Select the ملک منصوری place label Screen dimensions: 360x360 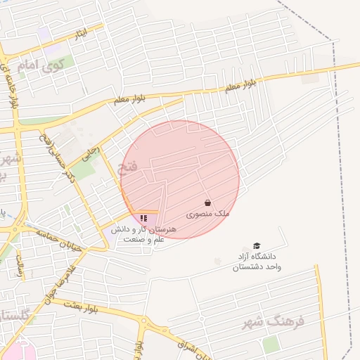pyautogui.click(x=208, y=212)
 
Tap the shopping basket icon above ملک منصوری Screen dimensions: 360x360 pyautogui.click(x=207, y=202)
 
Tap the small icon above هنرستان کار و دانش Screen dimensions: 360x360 pyautogui.click(x=143, y=219)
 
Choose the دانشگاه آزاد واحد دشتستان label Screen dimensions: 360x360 pyautogui.click(x=257, y=262)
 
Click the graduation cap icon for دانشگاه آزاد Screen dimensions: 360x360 pyautogui.click(x=257, y=246)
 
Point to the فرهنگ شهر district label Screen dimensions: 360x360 pyautogui.click(x=274, y=321)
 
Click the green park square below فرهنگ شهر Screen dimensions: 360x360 pyautogui.click(x=271, y=344)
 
